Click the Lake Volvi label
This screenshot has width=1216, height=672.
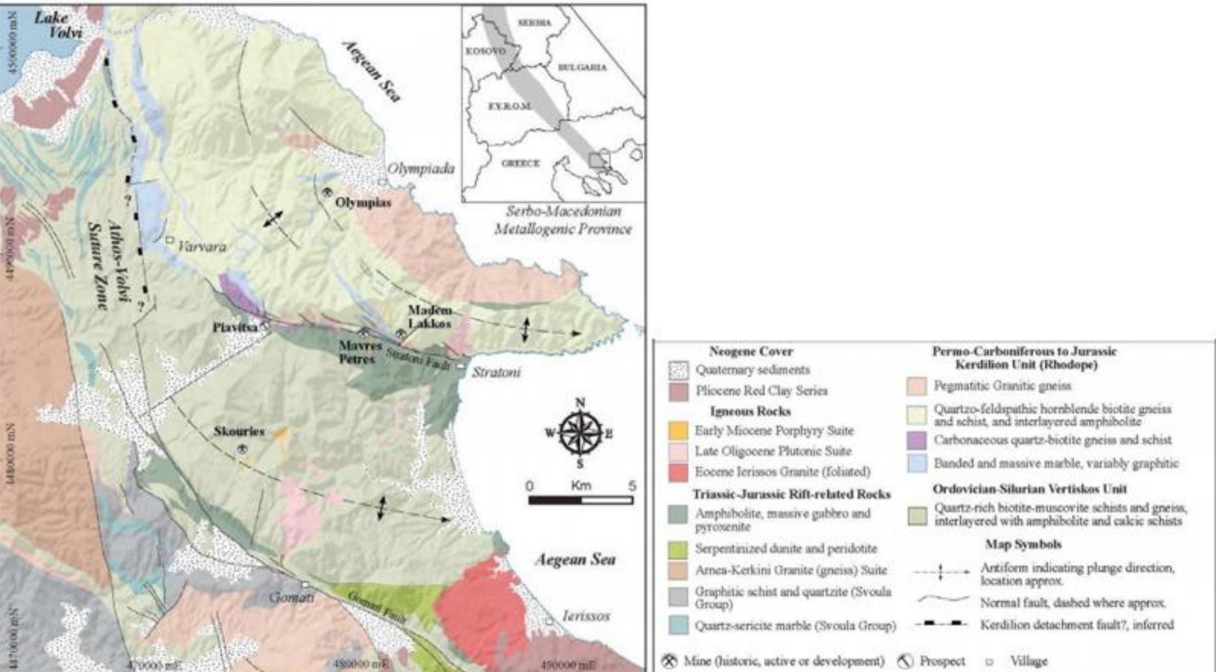tap(59, 25)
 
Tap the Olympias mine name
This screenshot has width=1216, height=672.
tap(363, 203)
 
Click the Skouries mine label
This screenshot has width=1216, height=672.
tap(239, 431)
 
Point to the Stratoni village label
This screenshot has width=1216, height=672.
tap(496, 372)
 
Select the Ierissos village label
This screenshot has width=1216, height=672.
tap(586, 615)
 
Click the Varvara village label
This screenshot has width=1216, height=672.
tap(202, 247)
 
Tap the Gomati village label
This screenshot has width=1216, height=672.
tap(292, 597)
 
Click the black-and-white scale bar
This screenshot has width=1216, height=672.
tap(580, 500)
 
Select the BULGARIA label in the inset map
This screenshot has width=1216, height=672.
tap(582, 67)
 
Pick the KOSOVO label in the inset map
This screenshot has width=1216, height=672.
tap(485, 51)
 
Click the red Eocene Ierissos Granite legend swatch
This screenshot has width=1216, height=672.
tap(678, 471)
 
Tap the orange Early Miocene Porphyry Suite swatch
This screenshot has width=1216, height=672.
tap(678, 430)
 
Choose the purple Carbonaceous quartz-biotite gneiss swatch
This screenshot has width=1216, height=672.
tap(916, 440)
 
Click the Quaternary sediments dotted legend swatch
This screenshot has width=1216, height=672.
tap(679, 370)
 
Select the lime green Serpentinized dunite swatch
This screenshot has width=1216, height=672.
tap(678, 549)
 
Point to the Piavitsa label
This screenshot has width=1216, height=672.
tap(234, 327)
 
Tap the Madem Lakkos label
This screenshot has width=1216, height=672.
tap(429, 316)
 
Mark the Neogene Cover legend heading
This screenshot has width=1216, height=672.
tap(750, 351)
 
